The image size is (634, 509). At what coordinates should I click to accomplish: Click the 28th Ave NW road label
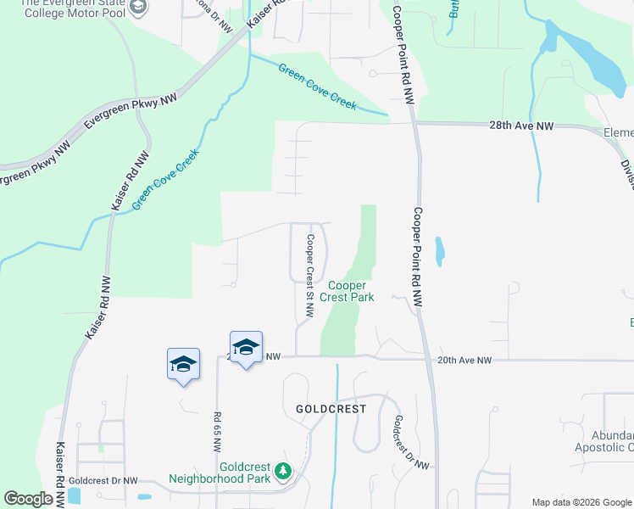pos(521,126)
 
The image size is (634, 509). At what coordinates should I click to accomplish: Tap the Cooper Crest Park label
pos(352,292)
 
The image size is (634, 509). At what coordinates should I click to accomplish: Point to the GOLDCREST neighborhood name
pos(331,408)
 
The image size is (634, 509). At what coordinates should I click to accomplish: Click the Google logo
pos(28,499)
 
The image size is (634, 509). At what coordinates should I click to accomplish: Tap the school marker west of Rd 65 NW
pos(183,364)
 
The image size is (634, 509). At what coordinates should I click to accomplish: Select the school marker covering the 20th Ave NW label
pos(246,347)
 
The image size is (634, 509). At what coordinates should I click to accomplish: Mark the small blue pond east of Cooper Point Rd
pos(438,250)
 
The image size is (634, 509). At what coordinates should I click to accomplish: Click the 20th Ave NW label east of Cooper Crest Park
pos(464,361)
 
